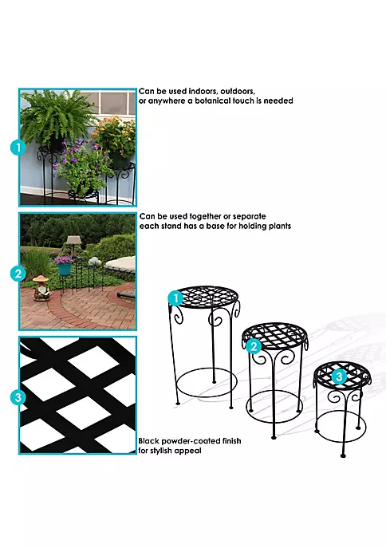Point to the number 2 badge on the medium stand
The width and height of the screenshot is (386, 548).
point(253,346)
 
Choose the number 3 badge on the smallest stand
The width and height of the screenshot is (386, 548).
point(337,376)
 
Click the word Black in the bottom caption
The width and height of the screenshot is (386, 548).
point(152,440)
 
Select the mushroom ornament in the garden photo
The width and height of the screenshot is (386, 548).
point(41,286)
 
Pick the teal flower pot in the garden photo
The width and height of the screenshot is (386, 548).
point(65,268)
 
